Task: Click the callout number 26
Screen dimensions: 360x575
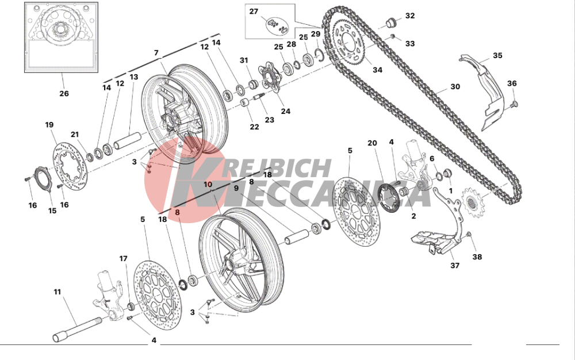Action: coord(63,93)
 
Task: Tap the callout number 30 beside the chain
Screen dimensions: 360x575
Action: coord(455,87)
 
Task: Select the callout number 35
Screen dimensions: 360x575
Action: coord(497,56)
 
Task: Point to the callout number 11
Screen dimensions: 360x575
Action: coord(57,292)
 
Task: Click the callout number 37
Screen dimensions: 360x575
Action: coord(455,266)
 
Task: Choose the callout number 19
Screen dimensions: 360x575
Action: coord(49,124)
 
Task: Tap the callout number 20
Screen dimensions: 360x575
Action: coord(371,143)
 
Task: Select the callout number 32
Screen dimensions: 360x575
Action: coord(409,16)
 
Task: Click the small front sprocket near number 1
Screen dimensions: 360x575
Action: coord(472,202)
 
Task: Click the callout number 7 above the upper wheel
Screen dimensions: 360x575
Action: coord(155,53)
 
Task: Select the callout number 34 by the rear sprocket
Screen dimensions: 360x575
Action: coord(377,71)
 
